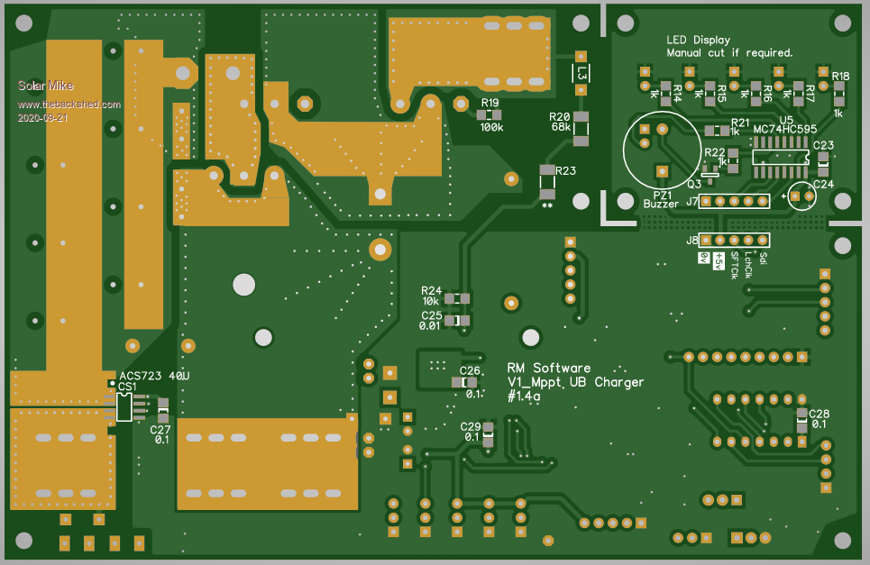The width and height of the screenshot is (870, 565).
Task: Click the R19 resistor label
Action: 490,103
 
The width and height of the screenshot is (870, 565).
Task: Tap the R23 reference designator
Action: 565,170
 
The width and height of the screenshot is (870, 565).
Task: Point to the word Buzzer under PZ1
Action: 661,205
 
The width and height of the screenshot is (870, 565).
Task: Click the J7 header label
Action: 692,201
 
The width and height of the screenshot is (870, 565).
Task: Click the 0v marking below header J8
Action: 704,259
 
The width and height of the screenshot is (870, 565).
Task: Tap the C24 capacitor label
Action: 823,184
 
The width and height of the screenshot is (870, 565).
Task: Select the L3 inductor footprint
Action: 582,73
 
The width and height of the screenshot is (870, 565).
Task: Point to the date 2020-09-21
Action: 43,118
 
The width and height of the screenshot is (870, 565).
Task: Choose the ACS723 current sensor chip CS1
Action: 124,406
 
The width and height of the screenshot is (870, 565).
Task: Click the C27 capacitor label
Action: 160,429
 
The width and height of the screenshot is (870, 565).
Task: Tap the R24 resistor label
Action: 431,290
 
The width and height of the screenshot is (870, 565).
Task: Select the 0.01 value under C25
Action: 430,326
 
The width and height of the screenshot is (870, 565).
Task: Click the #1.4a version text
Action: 524,396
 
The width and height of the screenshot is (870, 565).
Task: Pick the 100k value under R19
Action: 491,128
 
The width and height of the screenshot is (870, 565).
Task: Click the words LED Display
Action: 698,40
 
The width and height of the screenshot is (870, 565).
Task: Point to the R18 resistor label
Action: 840,77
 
